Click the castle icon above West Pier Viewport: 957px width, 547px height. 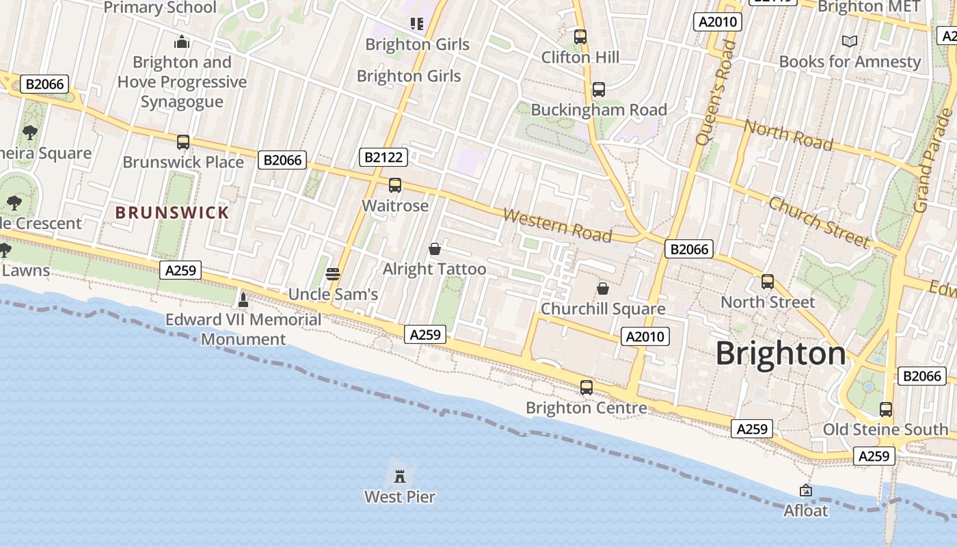[x=400, y=475]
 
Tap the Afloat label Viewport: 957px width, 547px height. [x=805, y=511]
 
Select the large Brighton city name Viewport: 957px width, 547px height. [x=781, y=353]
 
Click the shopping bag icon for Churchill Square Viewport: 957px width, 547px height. [x=603, y=289]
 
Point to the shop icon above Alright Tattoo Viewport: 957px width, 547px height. [x=434, y=249]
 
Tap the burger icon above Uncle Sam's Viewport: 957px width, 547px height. [x=333, y=274]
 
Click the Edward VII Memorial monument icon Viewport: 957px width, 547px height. [x=243, y=299]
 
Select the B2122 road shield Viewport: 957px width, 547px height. [x=383, y=157]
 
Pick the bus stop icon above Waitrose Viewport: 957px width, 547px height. [x=394, y=185]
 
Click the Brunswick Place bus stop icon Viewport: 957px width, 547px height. [x=183, y=142]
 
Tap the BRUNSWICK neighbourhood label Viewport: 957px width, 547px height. [x=172, y=213]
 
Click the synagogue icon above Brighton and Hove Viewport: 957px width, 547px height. [x=181, y=42]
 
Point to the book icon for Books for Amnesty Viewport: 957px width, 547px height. [x=850, y=42]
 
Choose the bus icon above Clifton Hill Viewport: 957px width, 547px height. [x=580, y=37]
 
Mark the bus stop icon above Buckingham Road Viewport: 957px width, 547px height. [x=598, y=89]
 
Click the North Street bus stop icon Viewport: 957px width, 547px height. [x=768, y=282]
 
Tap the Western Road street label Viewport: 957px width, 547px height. [x=557, y=225]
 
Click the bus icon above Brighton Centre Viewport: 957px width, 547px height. [x=586, y=388]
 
